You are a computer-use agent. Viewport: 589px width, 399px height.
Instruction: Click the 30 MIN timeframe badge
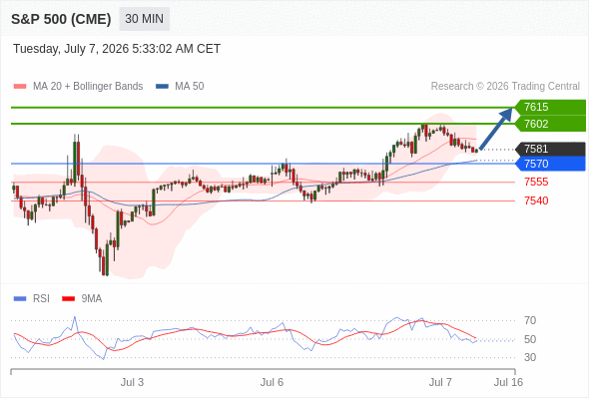pos(144,19)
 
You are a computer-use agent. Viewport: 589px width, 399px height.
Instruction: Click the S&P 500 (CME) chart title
pos(61,19)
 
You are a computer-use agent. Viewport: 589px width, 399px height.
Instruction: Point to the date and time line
pos(117,49)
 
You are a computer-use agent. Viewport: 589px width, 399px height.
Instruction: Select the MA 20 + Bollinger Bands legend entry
pos(78,87)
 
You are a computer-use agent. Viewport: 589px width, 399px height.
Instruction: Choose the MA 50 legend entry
pos(180,87)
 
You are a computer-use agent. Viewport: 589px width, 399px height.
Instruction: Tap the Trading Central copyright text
pos(505,87)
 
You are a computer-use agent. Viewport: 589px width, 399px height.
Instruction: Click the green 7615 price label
pos(550,107)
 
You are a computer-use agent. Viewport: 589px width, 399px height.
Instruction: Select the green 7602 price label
pos(550,124)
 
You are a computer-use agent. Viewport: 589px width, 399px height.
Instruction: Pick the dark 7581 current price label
pos(550,149)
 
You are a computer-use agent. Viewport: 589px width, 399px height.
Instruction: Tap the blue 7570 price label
pos(550,164)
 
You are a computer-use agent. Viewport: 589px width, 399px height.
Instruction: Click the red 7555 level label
pos(536,183)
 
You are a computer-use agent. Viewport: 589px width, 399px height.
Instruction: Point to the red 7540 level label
pos(536,200)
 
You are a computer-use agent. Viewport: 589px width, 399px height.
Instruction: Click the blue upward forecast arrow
pos(496,129)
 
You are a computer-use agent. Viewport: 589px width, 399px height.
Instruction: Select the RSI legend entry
pos(32,299)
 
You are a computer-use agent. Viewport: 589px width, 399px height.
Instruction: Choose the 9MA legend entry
pos(82,299)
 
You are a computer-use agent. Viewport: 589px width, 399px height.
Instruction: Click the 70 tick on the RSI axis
pos(530,320)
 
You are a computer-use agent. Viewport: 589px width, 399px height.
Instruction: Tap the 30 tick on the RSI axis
pos(530,357)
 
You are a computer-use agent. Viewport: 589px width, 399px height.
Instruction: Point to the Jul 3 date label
pos(132,382)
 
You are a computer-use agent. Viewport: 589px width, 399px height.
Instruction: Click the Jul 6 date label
pos(272,382)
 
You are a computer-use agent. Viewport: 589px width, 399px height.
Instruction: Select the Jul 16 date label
pos(508,382)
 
